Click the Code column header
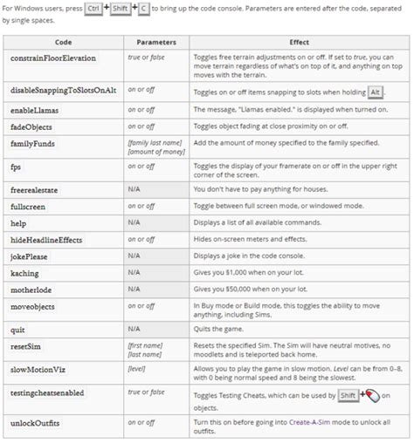[63, 42]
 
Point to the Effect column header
[299, 42]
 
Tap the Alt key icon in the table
[375, 92]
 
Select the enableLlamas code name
[36, 111]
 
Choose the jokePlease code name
[31, 257]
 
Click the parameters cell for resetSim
[145, 351]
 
